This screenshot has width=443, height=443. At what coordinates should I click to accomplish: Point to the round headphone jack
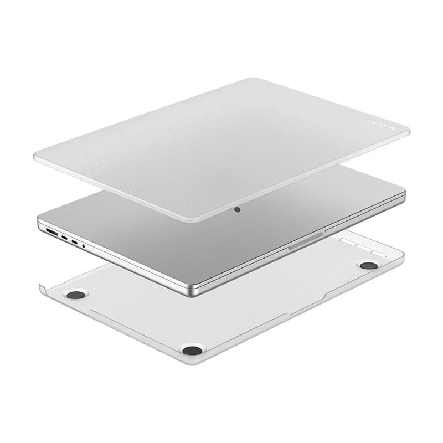coord(84,244)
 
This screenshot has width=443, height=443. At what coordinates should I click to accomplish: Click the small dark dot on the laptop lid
coord(237,210)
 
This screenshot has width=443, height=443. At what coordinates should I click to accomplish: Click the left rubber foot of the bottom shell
coord(75,294)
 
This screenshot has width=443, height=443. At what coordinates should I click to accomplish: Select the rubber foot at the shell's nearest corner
coord(192,349)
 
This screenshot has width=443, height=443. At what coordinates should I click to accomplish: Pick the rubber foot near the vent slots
coord(368,265)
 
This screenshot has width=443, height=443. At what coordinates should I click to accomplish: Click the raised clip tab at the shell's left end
coord(42,287)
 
